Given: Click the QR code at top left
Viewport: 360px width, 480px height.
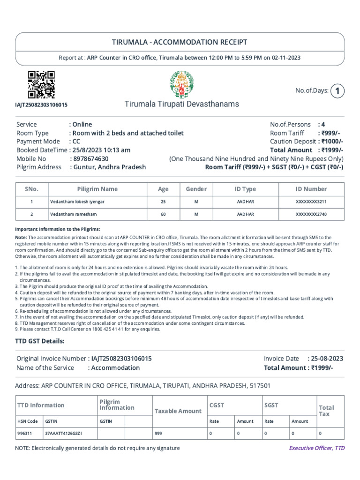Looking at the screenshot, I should tap(41, 84).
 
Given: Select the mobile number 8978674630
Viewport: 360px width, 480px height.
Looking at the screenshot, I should tap(90, 158).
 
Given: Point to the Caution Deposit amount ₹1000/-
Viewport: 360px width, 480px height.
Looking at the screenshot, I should tap(332, 142).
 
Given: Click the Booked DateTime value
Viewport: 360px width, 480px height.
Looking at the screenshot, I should tap(101, 150).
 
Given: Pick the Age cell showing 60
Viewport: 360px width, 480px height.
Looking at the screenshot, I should tap(163, 214).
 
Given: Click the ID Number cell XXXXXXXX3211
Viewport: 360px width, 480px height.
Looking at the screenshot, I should tap(311, 202).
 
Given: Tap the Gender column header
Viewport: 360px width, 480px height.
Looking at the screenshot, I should tap(196, 189).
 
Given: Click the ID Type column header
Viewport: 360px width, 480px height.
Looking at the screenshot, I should tap(245, 189).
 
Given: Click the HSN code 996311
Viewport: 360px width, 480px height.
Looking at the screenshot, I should tap(25, 434).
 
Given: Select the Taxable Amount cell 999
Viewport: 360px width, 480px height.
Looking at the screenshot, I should tap(158, 434).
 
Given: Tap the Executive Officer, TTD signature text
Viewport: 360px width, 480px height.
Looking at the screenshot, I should tap(316, 448).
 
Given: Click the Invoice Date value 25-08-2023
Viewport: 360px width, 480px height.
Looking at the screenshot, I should tap(327, 359).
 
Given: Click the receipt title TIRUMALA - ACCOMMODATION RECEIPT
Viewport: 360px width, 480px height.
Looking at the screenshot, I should tap(180, 42).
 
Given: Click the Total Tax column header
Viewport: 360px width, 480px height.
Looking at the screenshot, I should tap(326, 411).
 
